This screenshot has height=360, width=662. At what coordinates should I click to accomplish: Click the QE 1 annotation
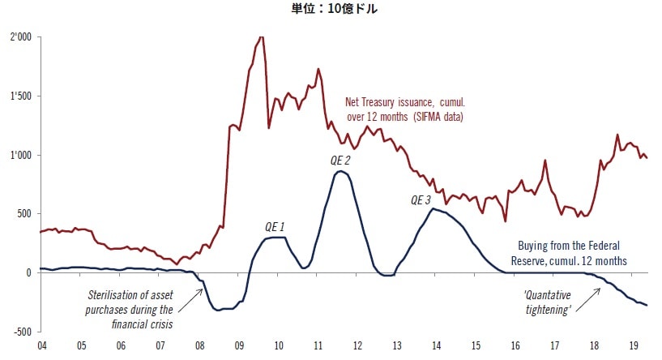275,226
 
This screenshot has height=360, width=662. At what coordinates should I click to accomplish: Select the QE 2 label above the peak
340,161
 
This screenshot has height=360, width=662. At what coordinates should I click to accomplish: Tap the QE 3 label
421,200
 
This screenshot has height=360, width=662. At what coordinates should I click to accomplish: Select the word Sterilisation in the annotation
113,296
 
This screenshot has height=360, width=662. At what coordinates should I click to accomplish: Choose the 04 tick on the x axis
42,345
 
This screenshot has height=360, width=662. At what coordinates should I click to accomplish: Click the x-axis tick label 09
240,345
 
